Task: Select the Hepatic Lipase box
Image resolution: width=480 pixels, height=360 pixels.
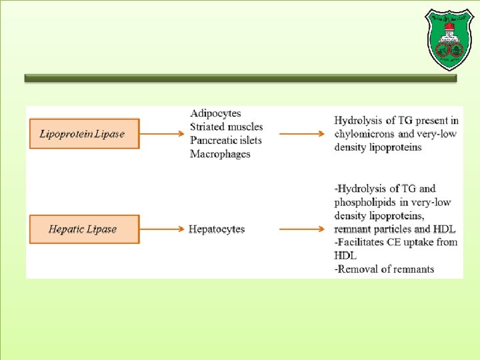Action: [x=84, y=229]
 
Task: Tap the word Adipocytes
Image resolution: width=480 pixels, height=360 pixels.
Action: [x=215, y=113]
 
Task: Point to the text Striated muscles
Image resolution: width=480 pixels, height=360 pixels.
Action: [x=226, y=127]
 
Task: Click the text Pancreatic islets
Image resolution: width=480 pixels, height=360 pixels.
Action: [x=225, y=140]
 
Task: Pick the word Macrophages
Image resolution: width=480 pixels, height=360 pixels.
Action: [x=220, y=154]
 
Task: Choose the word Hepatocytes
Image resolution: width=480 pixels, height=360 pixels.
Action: [x=217, y=229]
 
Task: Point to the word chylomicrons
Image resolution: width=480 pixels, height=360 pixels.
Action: [x=366, y=134]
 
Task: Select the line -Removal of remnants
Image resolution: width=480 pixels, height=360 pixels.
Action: [x=384, y=269]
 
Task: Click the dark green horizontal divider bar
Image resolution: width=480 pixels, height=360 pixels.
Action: [x=240, y=78]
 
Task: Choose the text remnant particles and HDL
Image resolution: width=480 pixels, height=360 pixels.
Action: [x=395, y=229]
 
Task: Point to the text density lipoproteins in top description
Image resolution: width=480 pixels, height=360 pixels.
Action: [x=378, y=147]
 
